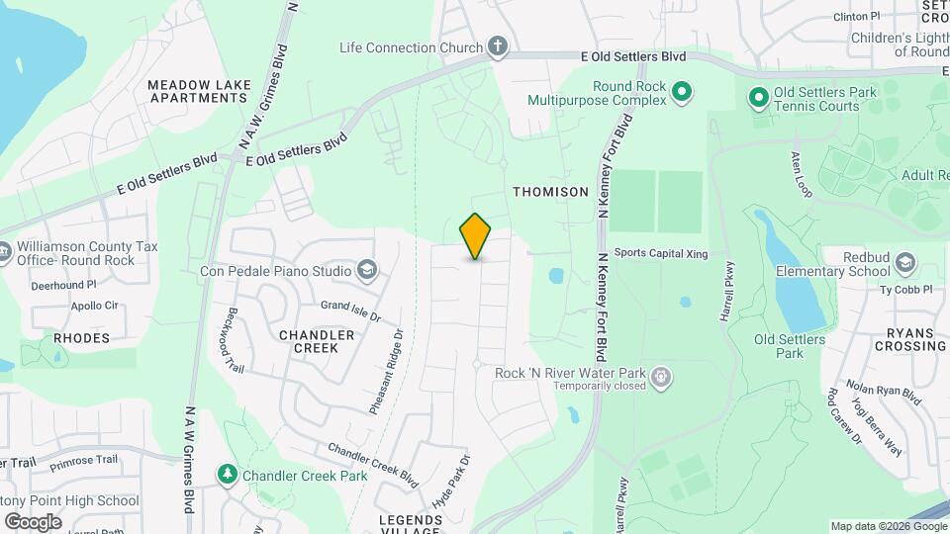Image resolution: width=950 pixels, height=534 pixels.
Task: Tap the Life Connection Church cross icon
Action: point(497,46)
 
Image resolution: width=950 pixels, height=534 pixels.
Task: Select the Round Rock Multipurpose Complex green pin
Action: point(681,93)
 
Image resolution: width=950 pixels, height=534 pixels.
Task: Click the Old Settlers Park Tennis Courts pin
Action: point(758,98)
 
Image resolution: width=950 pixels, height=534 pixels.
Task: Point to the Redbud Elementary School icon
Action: point(904,262)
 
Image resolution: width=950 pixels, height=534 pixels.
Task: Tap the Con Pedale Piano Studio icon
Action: point(366,270)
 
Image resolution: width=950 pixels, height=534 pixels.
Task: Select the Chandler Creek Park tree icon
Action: point(229,476)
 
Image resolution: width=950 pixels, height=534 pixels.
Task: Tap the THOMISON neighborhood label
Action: point(550,191)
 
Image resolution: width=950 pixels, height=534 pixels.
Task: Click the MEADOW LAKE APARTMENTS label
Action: point(198,92)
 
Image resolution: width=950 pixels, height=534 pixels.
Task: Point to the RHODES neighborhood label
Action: point(81,338)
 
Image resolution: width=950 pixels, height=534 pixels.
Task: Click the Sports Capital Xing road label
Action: point(660,254)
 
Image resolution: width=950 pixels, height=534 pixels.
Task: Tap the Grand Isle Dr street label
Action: point(349,311)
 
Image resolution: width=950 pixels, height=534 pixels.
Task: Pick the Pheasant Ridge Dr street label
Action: point(387,371)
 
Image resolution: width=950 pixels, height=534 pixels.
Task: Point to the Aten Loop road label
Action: point(801,175)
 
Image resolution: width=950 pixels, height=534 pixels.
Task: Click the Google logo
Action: point(32,521)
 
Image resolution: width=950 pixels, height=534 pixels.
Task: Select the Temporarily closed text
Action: point(600,386)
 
